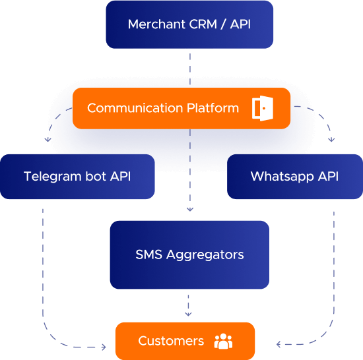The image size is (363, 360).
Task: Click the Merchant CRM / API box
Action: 189,25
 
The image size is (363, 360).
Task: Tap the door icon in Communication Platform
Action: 262,107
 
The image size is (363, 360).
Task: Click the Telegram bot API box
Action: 77,177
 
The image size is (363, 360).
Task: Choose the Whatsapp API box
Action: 294,177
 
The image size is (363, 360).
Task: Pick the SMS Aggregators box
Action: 189,255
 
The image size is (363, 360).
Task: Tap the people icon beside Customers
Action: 224,341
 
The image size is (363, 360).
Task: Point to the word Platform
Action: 211,108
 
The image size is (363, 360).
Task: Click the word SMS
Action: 147,255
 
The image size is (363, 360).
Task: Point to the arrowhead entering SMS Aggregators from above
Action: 190,209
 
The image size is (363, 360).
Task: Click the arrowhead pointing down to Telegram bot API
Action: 48,140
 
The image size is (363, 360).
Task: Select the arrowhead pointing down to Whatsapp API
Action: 331,140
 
